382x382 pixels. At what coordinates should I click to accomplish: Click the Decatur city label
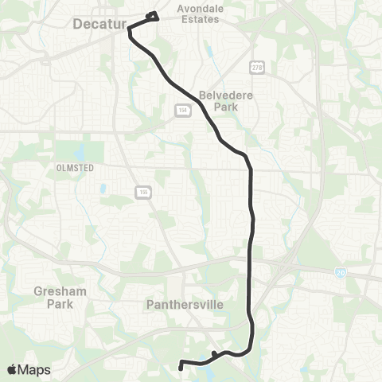pyautogui.click(x=99, y=25)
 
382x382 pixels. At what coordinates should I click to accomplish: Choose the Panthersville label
pyautogui.click(x=200, y=304)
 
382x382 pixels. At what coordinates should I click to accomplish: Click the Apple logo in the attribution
pyautogui.click(x=13, y=369)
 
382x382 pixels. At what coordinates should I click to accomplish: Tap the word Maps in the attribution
pyautogui.click(x=35, y=369)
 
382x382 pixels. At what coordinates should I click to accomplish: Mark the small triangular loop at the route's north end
pyautogui.click(x=153, y=17)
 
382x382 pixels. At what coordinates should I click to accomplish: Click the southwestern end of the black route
pyautogui.click(x=181, y=368)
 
